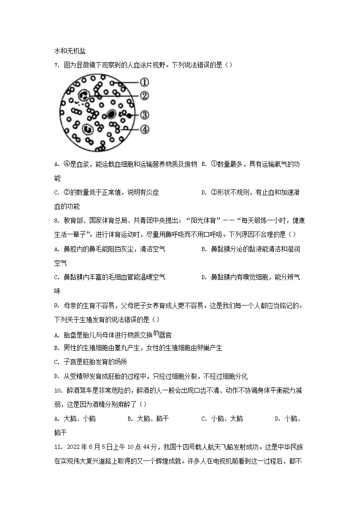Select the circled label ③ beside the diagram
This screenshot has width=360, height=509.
pos(144,115)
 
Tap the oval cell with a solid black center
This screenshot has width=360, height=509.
pos(111,114)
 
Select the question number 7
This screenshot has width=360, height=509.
pos(56,65)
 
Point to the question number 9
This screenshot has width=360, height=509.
pos(56,306)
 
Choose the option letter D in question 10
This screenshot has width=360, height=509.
pos(277,419)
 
